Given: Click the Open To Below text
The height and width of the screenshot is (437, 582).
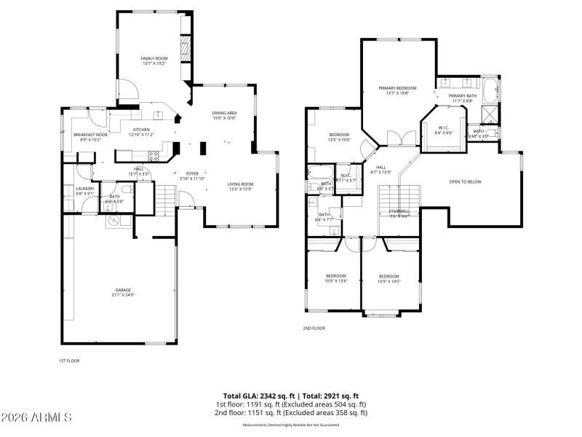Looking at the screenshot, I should click(x=465, y=181).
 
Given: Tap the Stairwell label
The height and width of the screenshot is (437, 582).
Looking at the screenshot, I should click(x=398, y=213).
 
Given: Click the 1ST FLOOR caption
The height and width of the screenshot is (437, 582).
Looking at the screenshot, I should click(x=68, y=361).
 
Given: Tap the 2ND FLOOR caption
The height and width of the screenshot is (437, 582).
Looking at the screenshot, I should click(x=314, y=328).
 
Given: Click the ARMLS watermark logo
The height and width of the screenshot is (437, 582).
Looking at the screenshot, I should click(x=36, y=417).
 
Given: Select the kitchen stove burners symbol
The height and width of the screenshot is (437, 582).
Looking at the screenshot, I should click(x=154, y=155).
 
